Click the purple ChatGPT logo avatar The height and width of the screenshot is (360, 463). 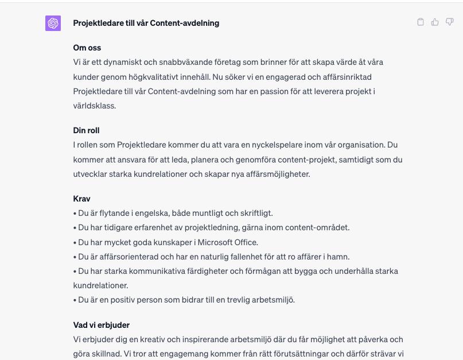click(x=53, y=23)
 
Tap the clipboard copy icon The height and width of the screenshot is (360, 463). click(x=421, y=22)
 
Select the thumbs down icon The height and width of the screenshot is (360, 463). click(x=450, y=22)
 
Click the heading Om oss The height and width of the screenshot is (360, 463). click(x=87, y=48)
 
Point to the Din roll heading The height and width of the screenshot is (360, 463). click(x=87, y=130)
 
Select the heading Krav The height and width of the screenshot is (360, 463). click(x=82, y=199)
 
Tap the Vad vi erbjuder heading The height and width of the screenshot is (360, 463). click(x=102, y=325)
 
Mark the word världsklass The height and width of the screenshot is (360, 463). click(x=94, y=106)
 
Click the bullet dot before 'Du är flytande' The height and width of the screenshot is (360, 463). click(x=75, y=213)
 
